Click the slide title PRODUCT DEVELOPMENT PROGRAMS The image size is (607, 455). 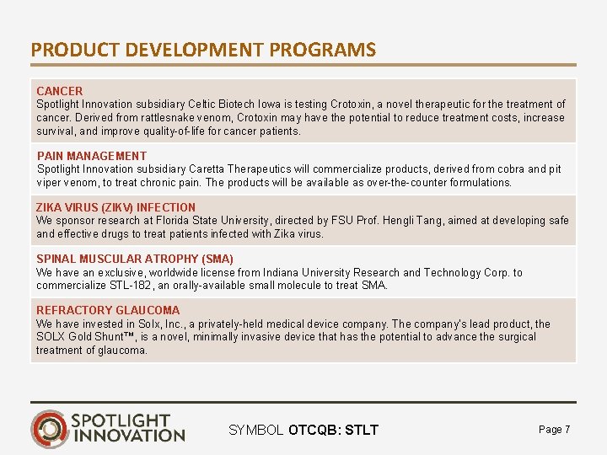pos(203,50)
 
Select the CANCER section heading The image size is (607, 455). pos(60,91)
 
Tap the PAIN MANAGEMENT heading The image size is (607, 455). pos(92,156)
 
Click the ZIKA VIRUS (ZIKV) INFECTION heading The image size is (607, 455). pos(115,207)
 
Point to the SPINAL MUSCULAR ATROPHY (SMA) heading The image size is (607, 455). pos(135,259)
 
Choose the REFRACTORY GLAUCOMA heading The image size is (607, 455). pos(108,310)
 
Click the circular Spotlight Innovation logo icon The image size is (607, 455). pos(49,428)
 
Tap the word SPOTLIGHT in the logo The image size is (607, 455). pos(121,420)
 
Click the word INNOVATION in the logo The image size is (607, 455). pos(128,436)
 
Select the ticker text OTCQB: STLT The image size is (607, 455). pos(333,431)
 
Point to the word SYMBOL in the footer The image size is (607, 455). pos(256,431)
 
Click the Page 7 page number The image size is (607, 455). pos(554,430)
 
